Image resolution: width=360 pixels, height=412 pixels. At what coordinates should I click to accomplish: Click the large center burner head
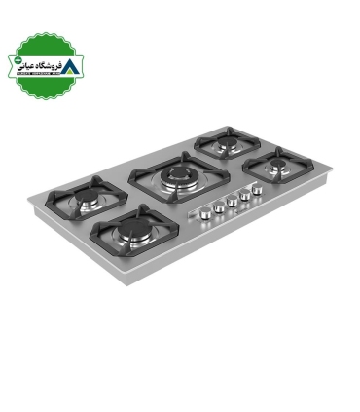tap(178, 176)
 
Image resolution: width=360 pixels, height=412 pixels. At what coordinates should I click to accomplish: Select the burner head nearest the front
tap(130, 235)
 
